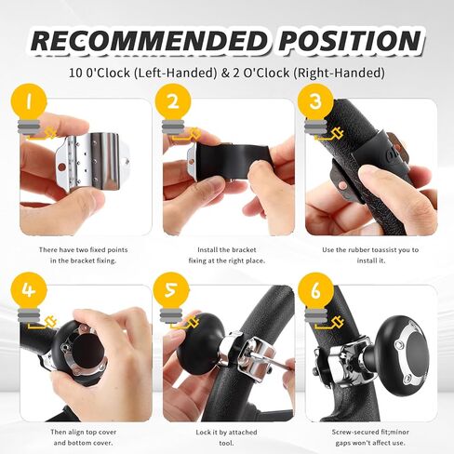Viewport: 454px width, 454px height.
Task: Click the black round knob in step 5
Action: point(199,348)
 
